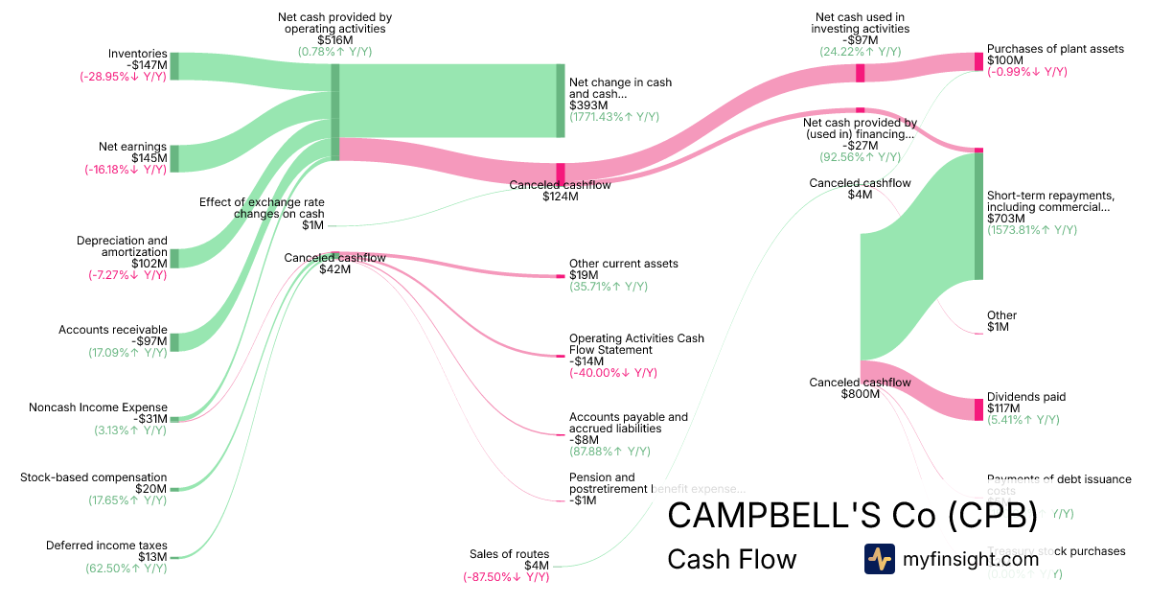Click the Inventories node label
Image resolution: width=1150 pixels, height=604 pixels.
coord(137,54)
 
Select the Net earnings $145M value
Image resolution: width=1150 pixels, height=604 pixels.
coord(149,158)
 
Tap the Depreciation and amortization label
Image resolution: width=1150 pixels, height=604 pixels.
coord(122,246)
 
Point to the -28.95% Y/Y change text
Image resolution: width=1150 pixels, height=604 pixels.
coord(124,78)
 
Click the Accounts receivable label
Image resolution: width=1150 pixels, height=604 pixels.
coord(112,330)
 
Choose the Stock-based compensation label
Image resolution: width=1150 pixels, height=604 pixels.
coord(93,477)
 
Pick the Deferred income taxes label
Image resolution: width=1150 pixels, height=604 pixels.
coord(106,546)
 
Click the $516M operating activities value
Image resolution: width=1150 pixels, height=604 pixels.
coord(334,40)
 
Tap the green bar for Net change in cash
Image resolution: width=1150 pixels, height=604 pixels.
coord(561,101)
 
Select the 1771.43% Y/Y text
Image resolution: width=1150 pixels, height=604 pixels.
coord(613,117)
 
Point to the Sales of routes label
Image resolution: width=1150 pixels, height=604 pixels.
coord(509,554)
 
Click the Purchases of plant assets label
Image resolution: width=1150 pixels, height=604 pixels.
coord(1055,48)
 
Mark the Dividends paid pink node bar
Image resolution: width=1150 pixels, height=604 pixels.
coord(978,408)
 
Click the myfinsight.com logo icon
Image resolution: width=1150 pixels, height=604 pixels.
coord(879,559)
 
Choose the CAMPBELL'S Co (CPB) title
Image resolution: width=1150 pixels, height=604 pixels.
coord(852,516)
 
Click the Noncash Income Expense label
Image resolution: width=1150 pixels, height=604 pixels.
coord(98,407)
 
